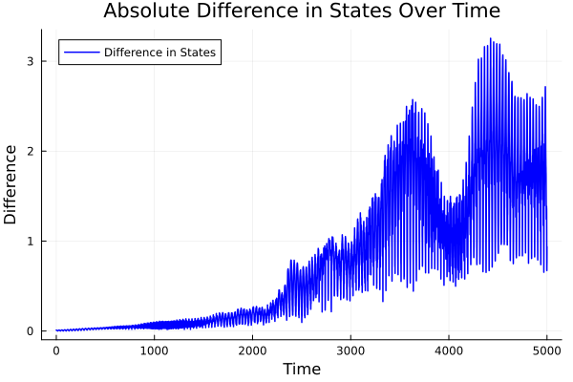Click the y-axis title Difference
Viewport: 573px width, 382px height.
(x=11, y=184)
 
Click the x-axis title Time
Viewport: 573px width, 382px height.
(x=301, y=369)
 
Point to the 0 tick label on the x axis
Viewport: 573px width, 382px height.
(x=56, y=350)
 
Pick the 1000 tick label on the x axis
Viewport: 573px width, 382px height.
(x=155, y=350)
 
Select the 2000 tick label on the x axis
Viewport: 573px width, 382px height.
(x=253, y=350)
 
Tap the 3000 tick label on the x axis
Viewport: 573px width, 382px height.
(x=350, y=350)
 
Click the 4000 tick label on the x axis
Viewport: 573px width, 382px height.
(x=449, y=350)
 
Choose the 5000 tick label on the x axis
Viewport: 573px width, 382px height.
(x=546, y=350)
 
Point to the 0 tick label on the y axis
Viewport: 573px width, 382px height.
(x=42, y=331)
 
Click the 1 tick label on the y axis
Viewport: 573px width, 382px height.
(x=42, y=242)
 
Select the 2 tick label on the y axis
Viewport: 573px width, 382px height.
(x=42, y=151)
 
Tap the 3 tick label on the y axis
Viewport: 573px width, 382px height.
(x=42, y=61)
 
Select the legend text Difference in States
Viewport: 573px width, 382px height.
(x=159, y=52)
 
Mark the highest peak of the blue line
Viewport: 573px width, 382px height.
(x=490, y=39)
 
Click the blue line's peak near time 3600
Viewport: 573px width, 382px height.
(x=413, y=100)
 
